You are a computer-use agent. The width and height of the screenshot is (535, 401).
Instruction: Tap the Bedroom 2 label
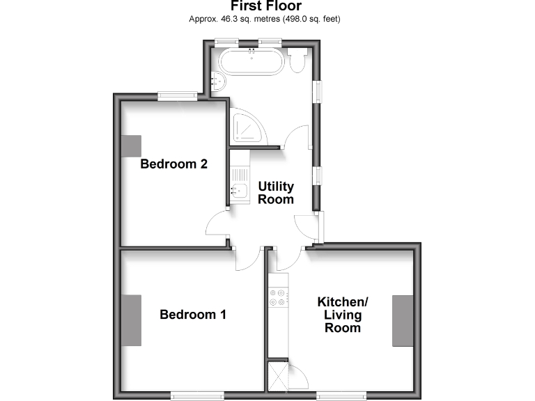tap(174, 164)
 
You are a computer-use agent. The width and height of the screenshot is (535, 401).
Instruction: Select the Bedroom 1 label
tap(193, 315)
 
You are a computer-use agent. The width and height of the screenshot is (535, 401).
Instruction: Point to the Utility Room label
tap(276, 193)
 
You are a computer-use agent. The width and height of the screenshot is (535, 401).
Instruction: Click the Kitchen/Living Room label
tap(342, 315)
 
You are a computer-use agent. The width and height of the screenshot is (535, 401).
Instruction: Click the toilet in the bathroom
tap(299, 61)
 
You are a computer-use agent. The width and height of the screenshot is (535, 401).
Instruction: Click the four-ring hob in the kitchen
tap(277, 297)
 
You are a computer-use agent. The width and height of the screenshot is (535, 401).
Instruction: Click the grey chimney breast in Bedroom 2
tap(132, 146)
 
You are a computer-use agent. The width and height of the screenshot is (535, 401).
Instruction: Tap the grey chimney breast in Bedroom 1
tap(132, 320)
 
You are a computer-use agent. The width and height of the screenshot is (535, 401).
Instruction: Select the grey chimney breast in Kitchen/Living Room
tap(402, 320)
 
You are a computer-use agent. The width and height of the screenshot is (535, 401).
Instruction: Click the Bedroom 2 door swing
tap(216, 224)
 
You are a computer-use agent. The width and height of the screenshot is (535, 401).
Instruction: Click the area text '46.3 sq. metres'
tap(243, 19)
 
